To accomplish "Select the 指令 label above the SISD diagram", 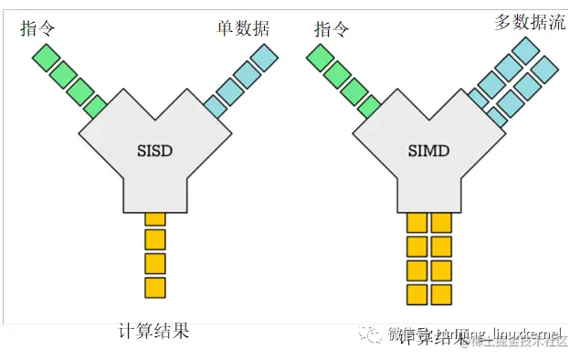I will pyautogui.click(x=37, y=28).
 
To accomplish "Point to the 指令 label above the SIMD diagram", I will pyautogui.click(x=332, y=28).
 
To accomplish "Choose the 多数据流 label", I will pyautogui.click(x=530, y=22).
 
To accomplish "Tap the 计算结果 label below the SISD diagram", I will pyautogui.click(x=153, y=331).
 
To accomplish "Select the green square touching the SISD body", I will pyautogui.click(x=96, y=107).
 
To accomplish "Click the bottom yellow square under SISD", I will pyautogui.click(x=155, y=288).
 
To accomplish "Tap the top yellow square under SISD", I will pyautogui.click(x=155, y=218).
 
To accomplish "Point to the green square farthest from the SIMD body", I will pyautogui.click(x=321, y=58).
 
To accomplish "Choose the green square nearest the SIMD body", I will pyautogui.click(x=370, y=107).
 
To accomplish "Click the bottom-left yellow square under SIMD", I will pyautogui.click(x=417, y=294).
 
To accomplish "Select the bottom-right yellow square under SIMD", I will pyautogui.click(x=441, y=294).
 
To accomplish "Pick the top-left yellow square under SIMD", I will pyautogui.click(x=417, y=222).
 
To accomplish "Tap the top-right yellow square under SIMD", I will pyautogui.click(x=441, y=222).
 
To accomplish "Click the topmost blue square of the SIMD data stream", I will pyautogui.click(x=525, y=50).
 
